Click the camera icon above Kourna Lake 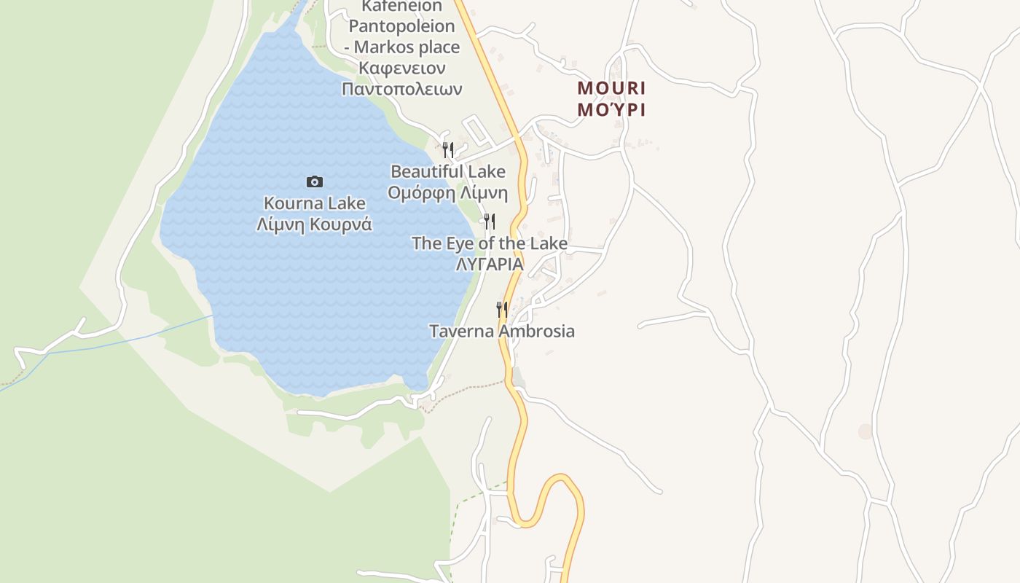(315, 181)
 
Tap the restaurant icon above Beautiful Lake (448, 150)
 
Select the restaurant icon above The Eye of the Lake (490, 221)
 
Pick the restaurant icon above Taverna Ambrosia (502, 310)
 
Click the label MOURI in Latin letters (611, 88)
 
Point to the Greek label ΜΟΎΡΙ (611, 110)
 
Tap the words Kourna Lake (315, 203)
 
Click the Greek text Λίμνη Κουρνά (315, 224)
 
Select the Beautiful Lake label (448, 172)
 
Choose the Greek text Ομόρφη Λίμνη (448, 193)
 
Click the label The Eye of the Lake (490, 243)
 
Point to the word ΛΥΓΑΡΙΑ (490, 265)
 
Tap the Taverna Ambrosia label (502, 332)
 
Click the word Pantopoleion (402, 26)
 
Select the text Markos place (407, 47)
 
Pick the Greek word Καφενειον (402, 68)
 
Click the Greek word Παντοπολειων (402, 89)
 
